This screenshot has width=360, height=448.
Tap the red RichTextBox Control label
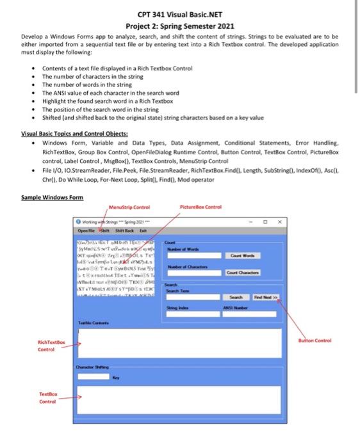pyautogui.click(x=51, y=347)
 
